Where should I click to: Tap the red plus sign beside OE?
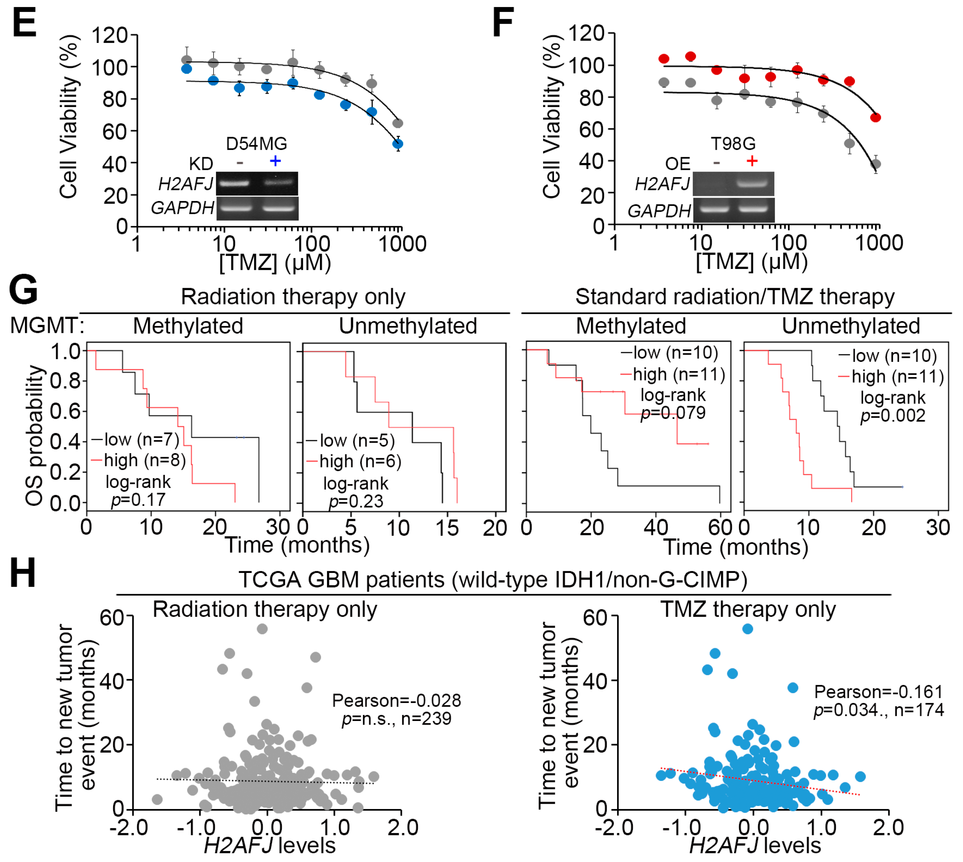[x=752, y=161]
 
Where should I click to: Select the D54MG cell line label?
[x=256, y=143]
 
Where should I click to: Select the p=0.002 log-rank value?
[x=893, y=416]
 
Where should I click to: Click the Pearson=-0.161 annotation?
[x=878, y=692]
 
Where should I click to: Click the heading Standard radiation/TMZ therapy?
[x=734, y=297]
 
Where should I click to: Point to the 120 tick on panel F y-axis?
[x=587, y=33]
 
